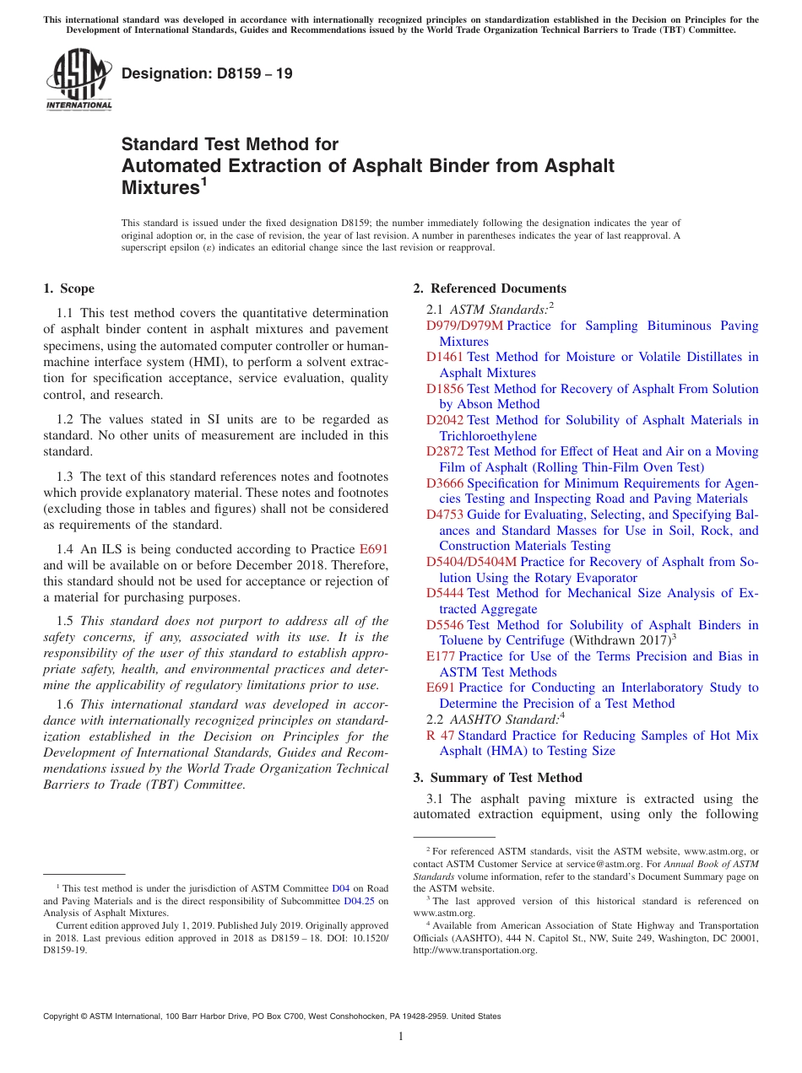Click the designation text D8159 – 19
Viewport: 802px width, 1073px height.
(x=207, y=73)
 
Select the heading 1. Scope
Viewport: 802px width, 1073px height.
(x=68, y=288)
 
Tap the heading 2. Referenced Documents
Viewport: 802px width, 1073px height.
(x=490, y=288)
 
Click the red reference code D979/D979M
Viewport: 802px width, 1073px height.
(x=463, y=326)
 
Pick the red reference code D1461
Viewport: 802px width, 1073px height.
(x=445, y=357)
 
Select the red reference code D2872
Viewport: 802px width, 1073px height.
(x=445, y=451)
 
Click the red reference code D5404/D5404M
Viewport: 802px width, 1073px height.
(x=471, y=562)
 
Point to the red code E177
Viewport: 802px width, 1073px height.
(x=441, y=656)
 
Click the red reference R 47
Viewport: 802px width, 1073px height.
(x=441, y=736)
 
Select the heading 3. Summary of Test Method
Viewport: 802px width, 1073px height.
(x=497, y=777)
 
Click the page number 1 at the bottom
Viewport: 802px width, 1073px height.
(x=401, y=1037)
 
